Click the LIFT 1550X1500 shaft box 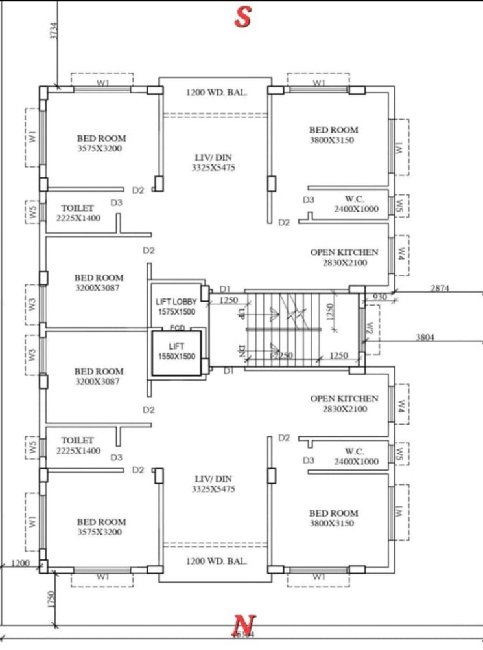click(176, 352)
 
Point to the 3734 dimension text click(54, 31)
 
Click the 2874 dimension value click(441, 288)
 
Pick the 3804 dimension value click(426, 337)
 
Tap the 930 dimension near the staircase click(379, 297)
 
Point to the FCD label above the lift click(177, 328)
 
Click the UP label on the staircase click(241, 314)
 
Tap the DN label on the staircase click(241, 352)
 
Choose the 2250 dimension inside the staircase click(283, 355)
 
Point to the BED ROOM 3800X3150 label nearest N click(333, 518)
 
